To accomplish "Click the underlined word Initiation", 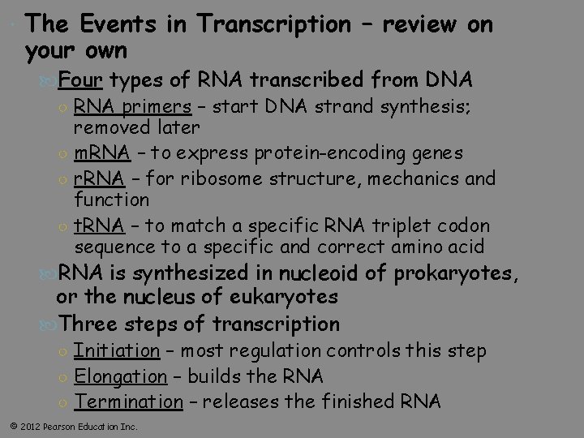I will (x=117, y=350).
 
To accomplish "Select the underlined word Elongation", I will (x=120, y=376).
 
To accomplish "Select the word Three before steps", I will (x=93, y=324).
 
